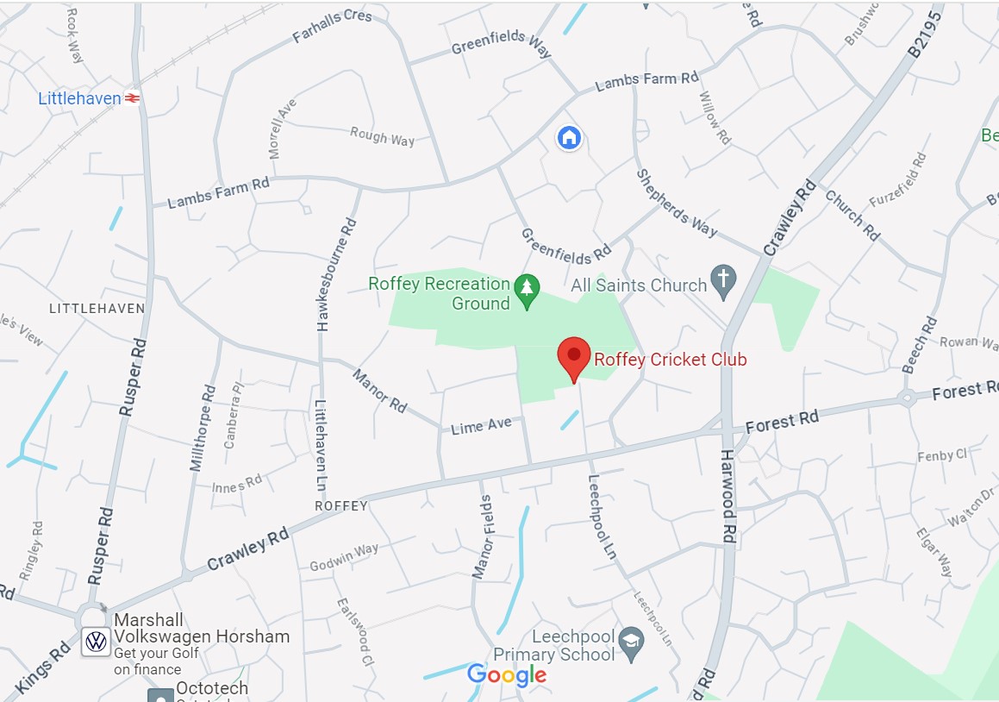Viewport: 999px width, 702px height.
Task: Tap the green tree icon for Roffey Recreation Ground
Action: click(x=526, y=291)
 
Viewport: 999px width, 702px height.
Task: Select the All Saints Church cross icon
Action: click(x=722, y=282)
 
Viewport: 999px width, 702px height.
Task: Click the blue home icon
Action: click(x=568, y=137)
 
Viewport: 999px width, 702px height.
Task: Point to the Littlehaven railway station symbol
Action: click(x=133, y=99)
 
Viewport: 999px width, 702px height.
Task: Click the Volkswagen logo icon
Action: click(x=97, y=642)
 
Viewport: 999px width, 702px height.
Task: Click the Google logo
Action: click(x=507, y=675)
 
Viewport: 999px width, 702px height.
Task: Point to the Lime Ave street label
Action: click(x=481, y=425)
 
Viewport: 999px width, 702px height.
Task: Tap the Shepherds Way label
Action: click(x=677, y=202)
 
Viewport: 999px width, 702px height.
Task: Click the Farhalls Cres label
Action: click(x=332, y=27)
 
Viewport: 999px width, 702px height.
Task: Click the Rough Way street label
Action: click(x=382, y=136)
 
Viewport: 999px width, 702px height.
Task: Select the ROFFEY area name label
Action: click(x=341, y=506)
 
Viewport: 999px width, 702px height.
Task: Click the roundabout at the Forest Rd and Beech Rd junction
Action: click(x=907, y=398)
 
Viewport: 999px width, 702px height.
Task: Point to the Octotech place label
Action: click(x=212, y=688)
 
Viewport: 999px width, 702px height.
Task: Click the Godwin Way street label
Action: click(x=344, y=556)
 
